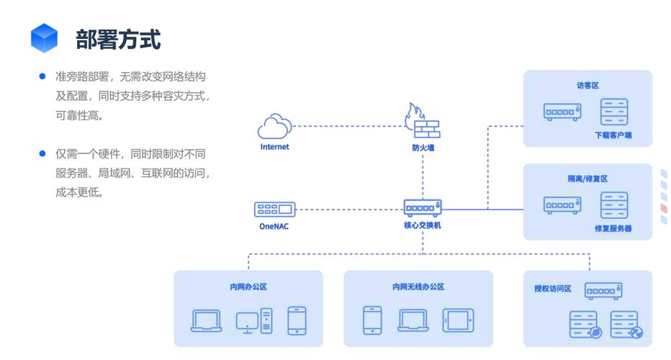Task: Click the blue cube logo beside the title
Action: point(44,38)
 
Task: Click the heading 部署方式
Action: point(118,39)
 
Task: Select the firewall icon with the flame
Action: point(422,120)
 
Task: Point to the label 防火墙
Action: point(422,148)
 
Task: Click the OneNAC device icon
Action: point(274,210)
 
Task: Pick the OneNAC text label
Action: point(274,226)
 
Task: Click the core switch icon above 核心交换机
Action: point(422,208)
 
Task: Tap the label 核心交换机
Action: point(422,225)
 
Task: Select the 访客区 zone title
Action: point(587,86)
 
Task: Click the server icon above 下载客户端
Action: point(614,112)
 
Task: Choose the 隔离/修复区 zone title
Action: point(587,179)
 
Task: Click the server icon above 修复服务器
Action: point(614,205)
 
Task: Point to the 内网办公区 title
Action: point(248,287)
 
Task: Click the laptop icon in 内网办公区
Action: point(207,320)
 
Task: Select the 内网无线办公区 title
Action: point(418,287)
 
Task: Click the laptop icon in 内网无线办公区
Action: point(413,320)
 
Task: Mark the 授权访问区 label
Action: point(552,289)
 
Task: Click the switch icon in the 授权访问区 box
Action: point(603,290)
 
